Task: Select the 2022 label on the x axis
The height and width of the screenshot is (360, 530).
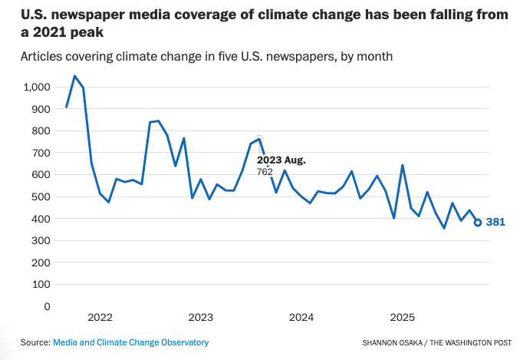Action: (100, 317)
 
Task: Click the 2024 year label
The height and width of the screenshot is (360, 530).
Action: (301, 317)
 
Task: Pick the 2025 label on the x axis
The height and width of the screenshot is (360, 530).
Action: (403, 317)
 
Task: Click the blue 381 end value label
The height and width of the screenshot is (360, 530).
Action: (495, 223)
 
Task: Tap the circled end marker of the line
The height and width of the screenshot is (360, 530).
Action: (478, 223)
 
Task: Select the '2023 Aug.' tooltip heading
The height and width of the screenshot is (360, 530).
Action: (281, 160)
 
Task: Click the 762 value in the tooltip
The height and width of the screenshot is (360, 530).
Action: (265, 172)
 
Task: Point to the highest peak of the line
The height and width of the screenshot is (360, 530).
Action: (74, 76)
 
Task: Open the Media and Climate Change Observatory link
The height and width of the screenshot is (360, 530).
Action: (130, 342)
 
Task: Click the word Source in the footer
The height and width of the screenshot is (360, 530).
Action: (35, 342)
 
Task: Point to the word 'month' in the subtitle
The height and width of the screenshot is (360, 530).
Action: (377, 57)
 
